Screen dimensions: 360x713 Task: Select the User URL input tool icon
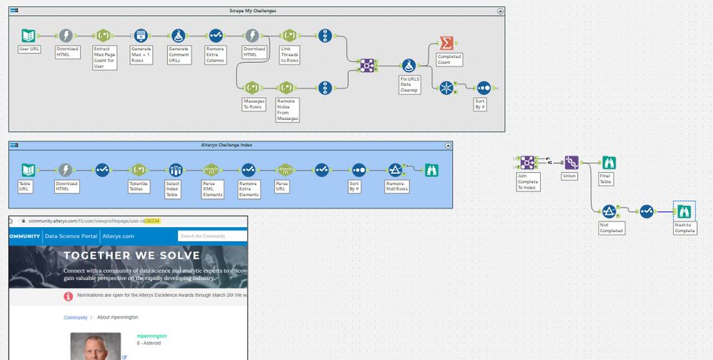(29, 36)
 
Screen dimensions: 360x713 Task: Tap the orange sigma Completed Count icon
(447, 44)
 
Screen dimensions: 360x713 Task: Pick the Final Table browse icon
(608, 163)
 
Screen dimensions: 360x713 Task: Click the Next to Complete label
(685, 228)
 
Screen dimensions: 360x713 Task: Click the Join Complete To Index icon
(528, 163)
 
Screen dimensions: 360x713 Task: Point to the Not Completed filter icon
(609, 211)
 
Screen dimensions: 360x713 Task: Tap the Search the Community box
(212, 236)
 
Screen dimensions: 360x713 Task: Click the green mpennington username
(152, 335)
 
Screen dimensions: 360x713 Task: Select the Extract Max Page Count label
(104, 57)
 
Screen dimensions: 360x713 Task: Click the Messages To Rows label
(254, 104)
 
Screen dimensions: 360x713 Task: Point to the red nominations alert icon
(69, 296)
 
